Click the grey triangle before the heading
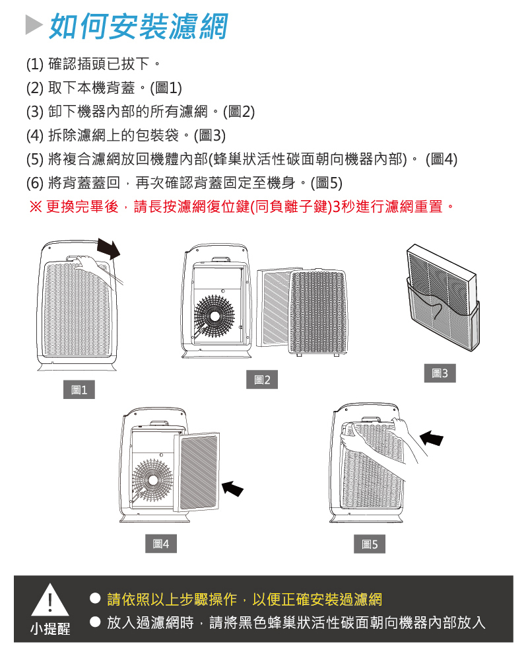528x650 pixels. (x=33, y=26)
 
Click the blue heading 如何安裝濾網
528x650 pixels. (x=139, y=26)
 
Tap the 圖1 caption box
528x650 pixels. (x=79, y=390)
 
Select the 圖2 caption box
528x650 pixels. (x=262, y=380)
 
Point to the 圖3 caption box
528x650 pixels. (x=440, y=373)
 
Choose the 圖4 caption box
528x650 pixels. (x=160, y=544)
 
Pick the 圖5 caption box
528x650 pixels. (x=370, y=544)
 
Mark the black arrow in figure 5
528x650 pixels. (x=432, y=438)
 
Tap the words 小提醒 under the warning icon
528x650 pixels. (x=50, y=628)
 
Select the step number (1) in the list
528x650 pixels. (x=34, y=65)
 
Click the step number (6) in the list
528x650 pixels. (x=34, y=183)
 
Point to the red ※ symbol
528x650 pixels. (x=36, y=207)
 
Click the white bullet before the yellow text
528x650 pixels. (x=95, y=599)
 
